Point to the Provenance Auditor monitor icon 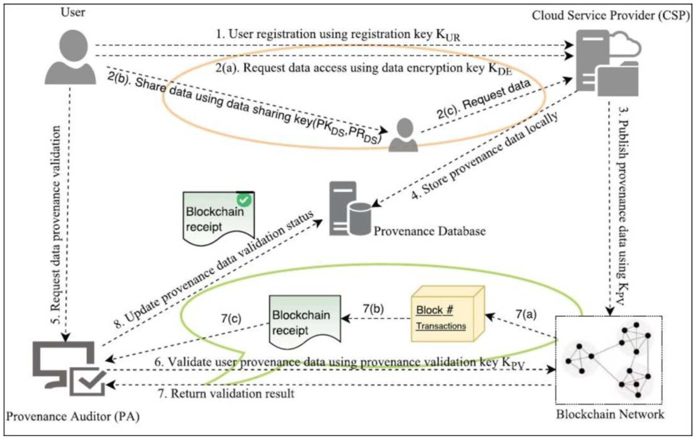pos(69,368)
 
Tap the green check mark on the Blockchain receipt pos(244,200)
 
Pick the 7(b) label pos(373,309)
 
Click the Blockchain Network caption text pos(610,414)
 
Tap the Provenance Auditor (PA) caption pos(73,417)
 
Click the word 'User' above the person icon pos(73,12)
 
